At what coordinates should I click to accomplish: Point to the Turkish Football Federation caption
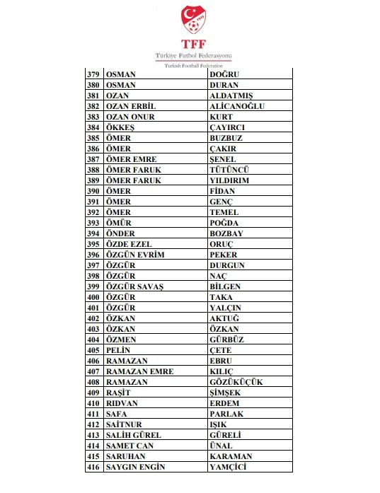(x=189, y=65)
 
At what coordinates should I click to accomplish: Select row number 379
(x=93, y=74)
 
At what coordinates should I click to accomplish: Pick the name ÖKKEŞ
(x=120, y=127)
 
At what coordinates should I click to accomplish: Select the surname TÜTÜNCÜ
(x=230, y=170)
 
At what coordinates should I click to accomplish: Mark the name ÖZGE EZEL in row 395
(x=128, y=244)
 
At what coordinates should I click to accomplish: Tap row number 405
(x=93, y=350)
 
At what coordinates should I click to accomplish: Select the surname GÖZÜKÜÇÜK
(x=236, y=382)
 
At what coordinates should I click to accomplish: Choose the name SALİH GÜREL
(x=133, y=435)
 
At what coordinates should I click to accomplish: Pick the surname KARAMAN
(x=231, y=456)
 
